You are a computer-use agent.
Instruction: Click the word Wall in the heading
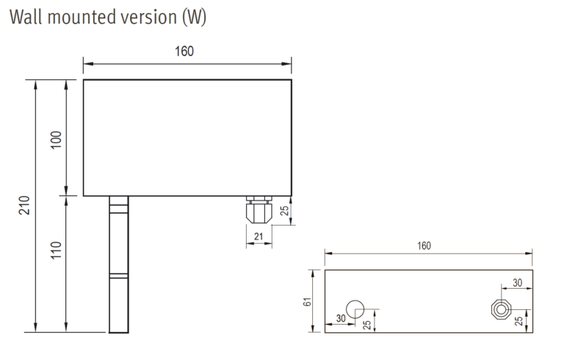pyautogui.click(x=26, y=17)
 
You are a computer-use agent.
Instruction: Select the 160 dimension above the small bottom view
pyautogui.click(x=424, y=245)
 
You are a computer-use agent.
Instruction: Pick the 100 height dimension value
pyautogui.click(x=57, y=139)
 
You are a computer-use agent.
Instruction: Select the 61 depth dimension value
pyautogui.click(x=308, y=300)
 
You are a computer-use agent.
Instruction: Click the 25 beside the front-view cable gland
pyautogui.click(x=286, y=212)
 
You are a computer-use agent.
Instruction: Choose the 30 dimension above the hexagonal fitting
pyautogui.click(x=518, y=283)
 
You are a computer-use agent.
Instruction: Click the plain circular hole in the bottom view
pyautogui.click(x=355, y=308)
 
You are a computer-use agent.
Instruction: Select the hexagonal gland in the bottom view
pyautogui.click(x=502, y=309)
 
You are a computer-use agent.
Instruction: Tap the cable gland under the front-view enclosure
pyautogui.click(x=258, y=209)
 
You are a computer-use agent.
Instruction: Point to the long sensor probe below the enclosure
pyautogui.click(x=118, y=264)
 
